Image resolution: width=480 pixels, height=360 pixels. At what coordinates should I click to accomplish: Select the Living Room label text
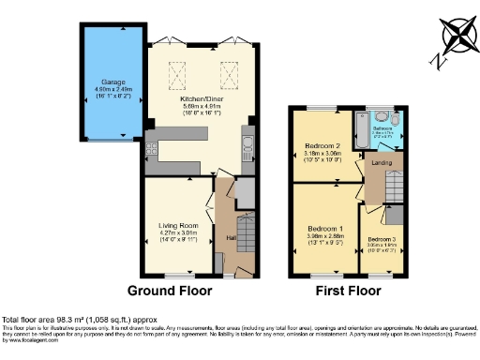click(177, 225)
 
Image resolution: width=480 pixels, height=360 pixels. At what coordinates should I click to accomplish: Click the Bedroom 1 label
click(324, 229)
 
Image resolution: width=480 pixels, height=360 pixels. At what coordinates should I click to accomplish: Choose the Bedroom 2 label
click(324, 147)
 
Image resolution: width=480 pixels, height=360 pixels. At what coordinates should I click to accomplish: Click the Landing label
click(381, 165)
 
